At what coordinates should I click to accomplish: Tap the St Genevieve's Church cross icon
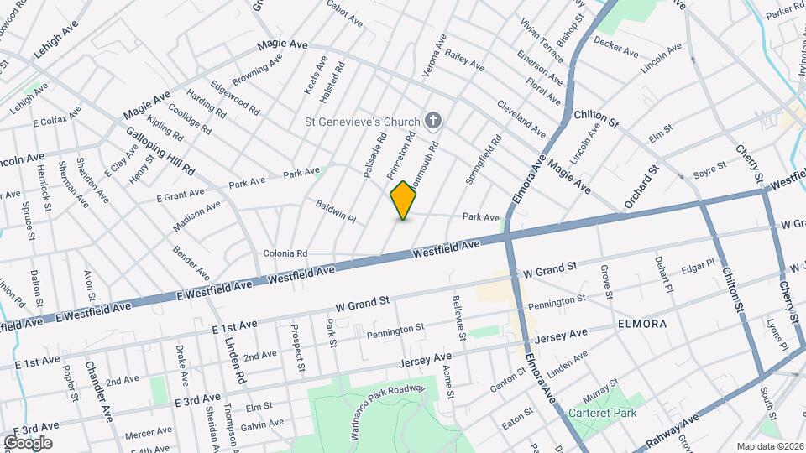click(x=434, y=122)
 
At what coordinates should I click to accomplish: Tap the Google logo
click(x=27, y=442)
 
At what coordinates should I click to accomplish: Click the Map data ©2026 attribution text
click(x=770, y=446)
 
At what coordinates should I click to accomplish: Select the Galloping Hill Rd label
click(x=160, y=151)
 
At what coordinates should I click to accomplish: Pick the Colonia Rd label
click(x=285, y=253)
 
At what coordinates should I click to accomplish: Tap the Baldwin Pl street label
click(x=336, y=211)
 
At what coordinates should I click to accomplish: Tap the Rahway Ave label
click(x=672, y=431)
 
